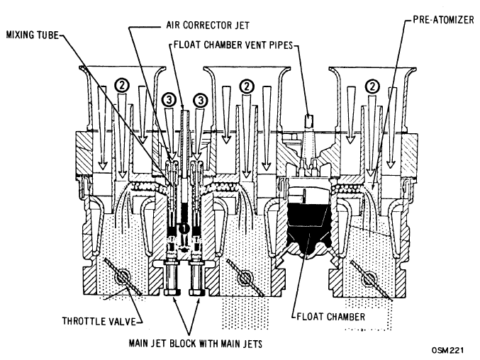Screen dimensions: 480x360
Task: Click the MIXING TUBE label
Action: point(32,35)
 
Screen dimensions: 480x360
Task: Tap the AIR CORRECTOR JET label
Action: point(208,25)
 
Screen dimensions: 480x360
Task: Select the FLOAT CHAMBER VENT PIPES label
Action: point(233,45)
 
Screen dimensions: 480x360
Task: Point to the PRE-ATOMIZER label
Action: point(443,20)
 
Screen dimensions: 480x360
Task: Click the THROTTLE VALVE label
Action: point(99,321)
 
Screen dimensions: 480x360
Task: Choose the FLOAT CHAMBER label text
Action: point(331,316)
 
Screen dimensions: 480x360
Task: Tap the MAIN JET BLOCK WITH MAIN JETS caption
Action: point(195,344)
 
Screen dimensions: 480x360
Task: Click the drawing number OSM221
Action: point(448,350)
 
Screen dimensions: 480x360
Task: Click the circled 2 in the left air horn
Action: point(122,86)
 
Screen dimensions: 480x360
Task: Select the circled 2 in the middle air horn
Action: point(247,86)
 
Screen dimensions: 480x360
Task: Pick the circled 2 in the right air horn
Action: point(372,86)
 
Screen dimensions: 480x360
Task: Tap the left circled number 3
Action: point(170,100)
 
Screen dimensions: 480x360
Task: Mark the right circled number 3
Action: point(201,100)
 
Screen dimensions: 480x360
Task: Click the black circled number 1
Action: point(184,228)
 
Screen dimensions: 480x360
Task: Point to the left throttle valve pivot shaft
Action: point(122,277)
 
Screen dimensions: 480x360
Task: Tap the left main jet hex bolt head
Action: point(172,293)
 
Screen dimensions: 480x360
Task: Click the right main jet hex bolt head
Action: point(196,293)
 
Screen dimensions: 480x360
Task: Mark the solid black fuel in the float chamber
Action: point(309,225)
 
